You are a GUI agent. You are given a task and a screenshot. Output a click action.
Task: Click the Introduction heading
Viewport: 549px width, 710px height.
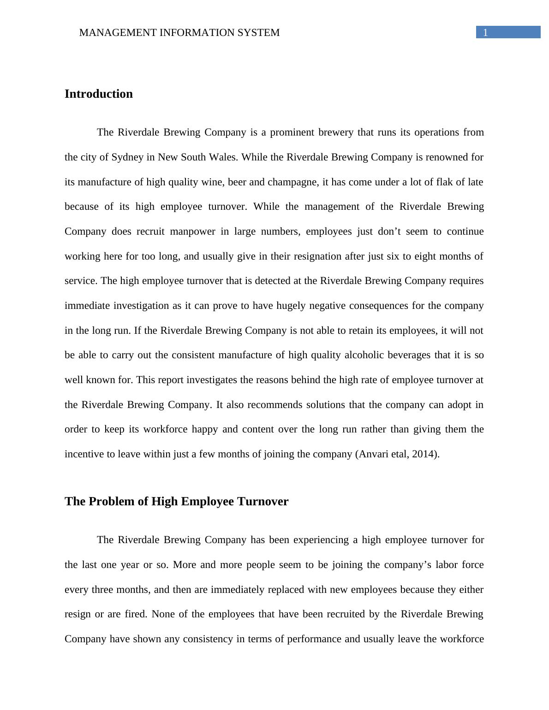(x=98, y=94)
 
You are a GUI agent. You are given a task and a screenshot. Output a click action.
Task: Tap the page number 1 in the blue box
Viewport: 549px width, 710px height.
(x=485, y=32)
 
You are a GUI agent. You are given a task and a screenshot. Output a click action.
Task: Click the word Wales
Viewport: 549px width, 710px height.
(x=223, y=157)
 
